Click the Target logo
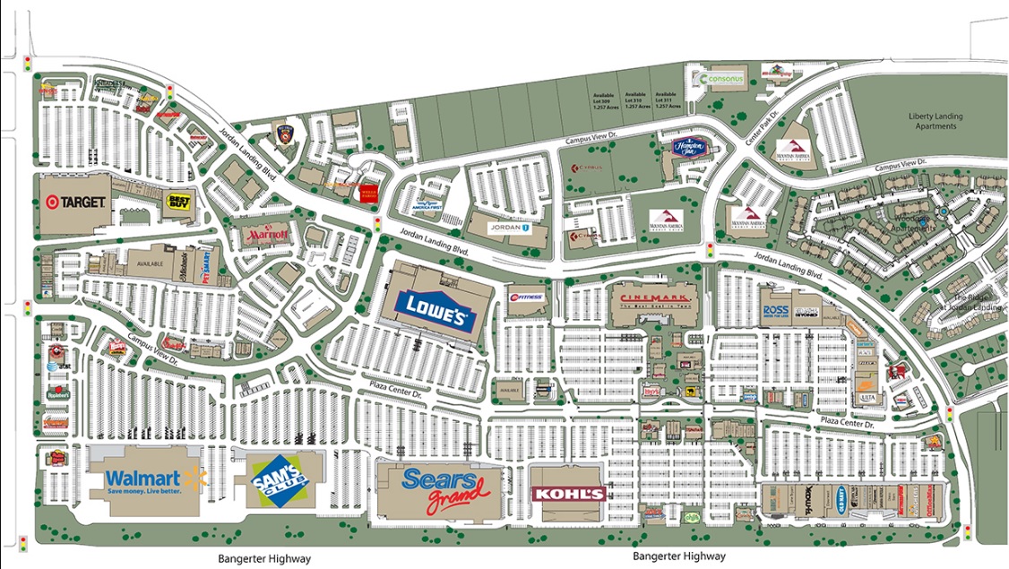point(73,202)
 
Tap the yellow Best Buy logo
point(178,203)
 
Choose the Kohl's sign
point(568,494)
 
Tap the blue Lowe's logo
point(436,310)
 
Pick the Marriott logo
point(267,235)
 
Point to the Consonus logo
point(723,79)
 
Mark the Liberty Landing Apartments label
point(932,121)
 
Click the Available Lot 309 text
point(604,99)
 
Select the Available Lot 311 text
point(668,99)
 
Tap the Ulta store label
point(867,397)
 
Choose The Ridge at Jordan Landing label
point(977,303)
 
